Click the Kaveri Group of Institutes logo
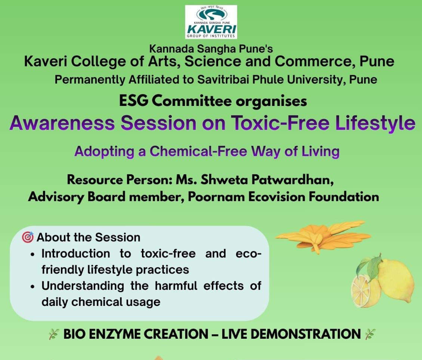tap(211, 22)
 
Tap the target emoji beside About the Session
tap(28, 237)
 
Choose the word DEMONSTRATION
tap(305, 334)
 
